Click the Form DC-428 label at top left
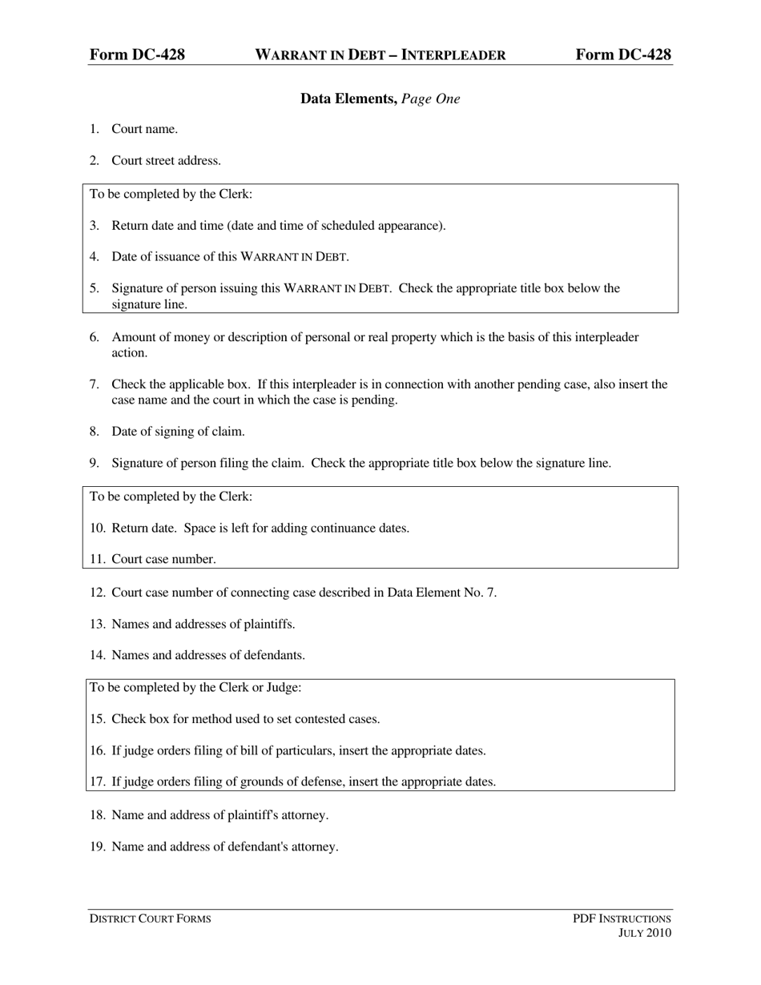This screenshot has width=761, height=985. [137, 54]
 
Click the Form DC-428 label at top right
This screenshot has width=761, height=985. [623, 54]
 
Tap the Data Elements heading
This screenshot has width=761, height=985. [348, 98]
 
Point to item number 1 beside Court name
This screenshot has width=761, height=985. [94, 129]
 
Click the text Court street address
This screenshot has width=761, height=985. [166, 160]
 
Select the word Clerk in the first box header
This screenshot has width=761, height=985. [233, 194]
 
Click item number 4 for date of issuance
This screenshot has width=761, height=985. [94, 256]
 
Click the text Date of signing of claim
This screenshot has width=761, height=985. [178, 431]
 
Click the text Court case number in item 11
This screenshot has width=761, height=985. [163, 559]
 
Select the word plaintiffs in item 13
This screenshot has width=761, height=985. [267, 624]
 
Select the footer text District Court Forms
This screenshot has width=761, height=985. [150, 919]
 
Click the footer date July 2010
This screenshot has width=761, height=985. [645, 933]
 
